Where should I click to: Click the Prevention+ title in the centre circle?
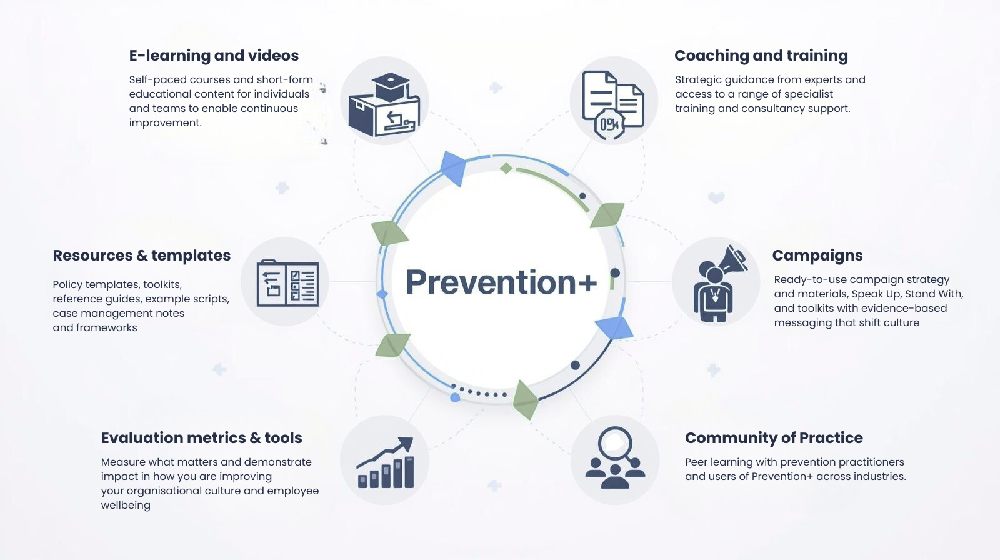click(501, 282)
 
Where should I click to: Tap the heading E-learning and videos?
click(214, 56)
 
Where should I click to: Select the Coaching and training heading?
click(761, 56)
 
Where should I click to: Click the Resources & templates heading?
click(141, 256)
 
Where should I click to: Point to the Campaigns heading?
click(817, 256)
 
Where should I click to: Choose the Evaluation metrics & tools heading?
click(201, 438)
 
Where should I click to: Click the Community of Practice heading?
click(774, 438)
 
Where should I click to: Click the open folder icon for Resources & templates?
click(287, 283)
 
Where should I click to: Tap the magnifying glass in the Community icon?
click(616, 444)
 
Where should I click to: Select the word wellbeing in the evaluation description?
click(126, 505)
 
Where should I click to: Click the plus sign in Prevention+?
click(587, 283)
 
